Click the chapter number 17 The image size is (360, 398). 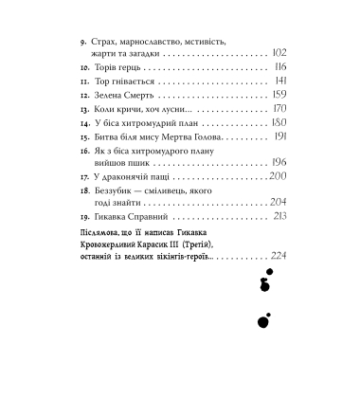point(88,176)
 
